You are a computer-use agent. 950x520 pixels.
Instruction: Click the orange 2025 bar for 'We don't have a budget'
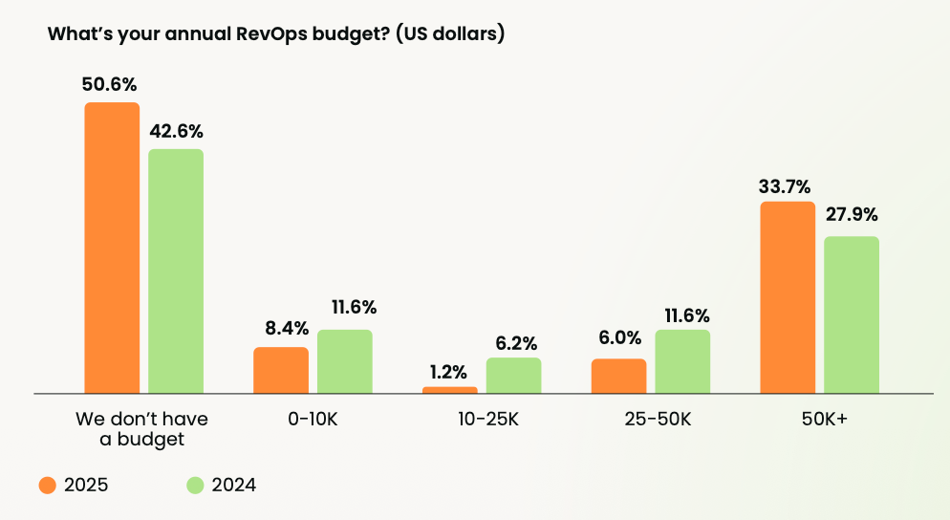112,248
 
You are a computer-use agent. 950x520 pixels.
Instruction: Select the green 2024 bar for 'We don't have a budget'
176,271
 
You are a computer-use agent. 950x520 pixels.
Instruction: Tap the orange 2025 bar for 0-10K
281,370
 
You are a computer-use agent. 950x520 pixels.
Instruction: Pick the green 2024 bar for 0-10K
345,361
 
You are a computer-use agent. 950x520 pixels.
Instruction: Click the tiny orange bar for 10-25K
449,390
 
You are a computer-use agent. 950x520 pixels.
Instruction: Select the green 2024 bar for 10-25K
513,376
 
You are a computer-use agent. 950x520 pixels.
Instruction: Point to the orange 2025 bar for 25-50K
618,376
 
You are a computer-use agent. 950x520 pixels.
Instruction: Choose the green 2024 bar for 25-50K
682,361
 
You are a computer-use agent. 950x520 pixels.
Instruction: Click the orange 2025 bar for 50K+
788,297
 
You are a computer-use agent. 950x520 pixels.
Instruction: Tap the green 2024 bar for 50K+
852,314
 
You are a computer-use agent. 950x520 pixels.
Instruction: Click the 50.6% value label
110,84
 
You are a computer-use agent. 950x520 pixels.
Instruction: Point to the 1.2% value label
448,370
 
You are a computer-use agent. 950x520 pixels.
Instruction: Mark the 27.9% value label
852,214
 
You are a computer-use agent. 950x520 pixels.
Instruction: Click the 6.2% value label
514,342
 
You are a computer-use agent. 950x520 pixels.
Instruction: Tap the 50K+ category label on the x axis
819,419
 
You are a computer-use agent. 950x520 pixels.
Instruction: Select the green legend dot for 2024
195,485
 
